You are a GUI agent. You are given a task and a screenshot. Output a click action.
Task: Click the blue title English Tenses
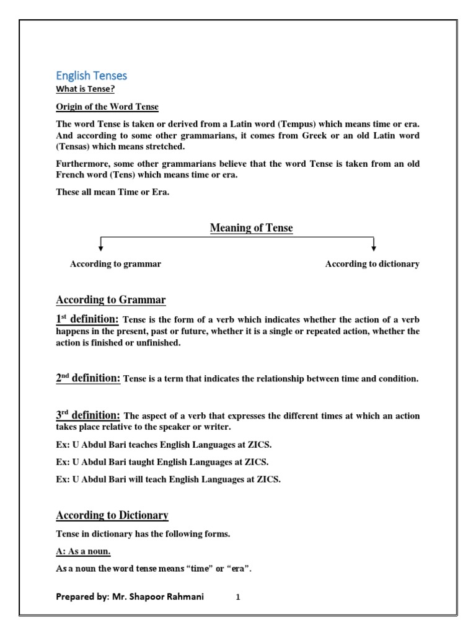coord(91,76)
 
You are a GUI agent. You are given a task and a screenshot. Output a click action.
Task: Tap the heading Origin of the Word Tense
coord(107,107)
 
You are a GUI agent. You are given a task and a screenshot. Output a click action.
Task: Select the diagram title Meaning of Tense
coord(251,228)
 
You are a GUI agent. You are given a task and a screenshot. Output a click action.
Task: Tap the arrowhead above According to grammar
coord(101,247)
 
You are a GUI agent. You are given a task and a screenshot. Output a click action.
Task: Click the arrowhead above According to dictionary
coord(374,247)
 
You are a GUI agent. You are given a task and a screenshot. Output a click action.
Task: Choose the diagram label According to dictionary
coord(372,264)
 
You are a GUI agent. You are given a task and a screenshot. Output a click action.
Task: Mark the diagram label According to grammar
coord(115,264)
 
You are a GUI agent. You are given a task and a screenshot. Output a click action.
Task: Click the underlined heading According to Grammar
coord(111,300)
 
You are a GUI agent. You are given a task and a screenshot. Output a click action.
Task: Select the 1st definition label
coord(87,319)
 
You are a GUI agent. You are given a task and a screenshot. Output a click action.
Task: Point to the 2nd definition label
coord(88,378)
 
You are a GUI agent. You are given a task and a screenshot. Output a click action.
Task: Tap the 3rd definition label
coord(88,415)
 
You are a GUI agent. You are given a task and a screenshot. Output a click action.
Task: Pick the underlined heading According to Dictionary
coord(112,515)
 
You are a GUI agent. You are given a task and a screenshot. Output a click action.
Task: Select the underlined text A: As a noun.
coord(84,551)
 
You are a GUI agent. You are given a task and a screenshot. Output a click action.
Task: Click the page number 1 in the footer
coord(238,598)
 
